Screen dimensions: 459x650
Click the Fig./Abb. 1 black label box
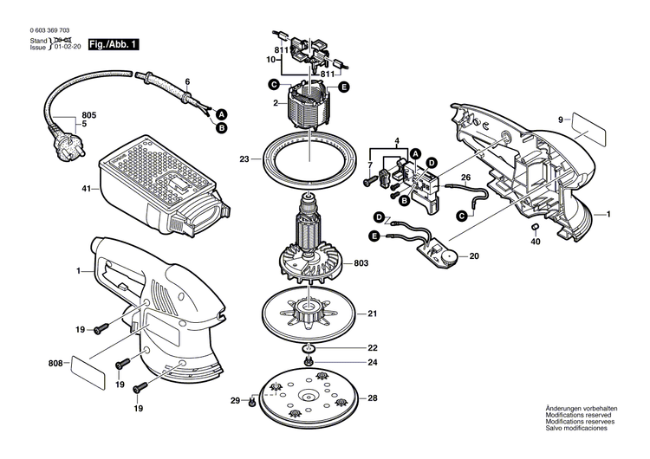pos(112,43)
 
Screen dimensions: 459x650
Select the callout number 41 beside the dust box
pos(86,188)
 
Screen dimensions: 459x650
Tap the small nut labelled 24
pos(309,361)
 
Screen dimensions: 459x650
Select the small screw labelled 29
pos(250,401)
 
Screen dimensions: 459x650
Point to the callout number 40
pos(536,242)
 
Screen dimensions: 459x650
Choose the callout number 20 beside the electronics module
pos(473,256)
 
